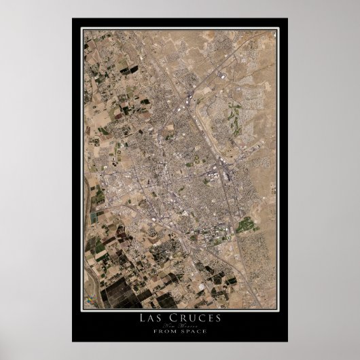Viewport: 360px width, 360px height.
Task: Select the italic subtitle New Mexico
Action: (179, 326)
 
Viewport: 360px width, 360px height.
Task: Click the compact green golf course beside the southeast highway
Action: (244, 224)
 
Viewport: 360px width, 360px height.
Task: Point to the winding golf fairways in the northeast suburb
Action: (234, 122)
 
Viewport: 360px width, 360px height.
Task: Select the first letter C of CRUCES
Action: (173, 319)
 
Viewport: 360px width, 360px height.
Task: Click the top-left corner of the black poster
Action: (72, 18)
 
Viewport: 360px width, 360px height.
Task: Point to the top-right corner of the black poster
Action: (287, 18)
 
